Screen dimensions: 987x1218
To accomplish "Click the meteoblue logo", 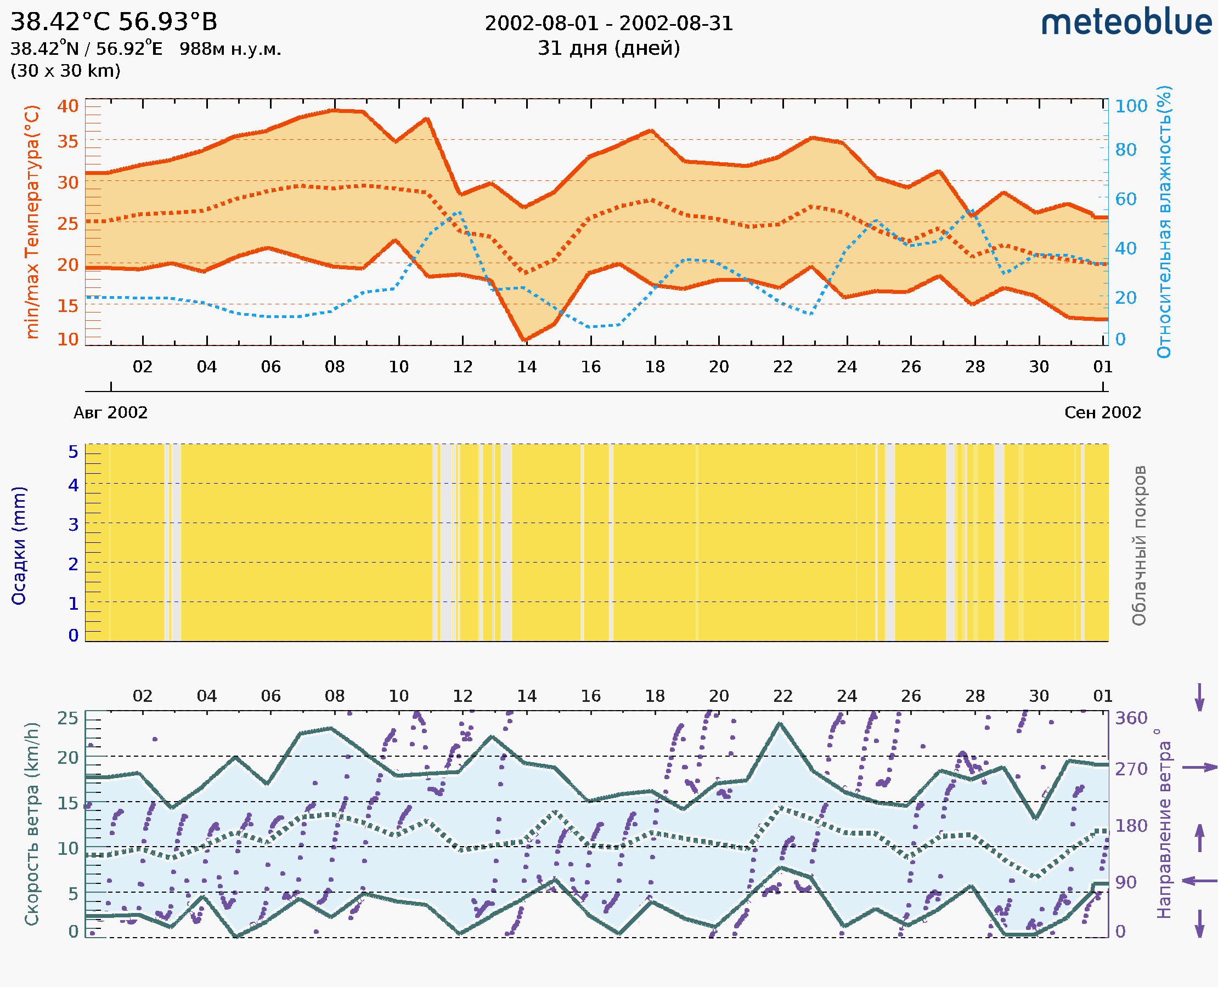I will pyautogui.click(x=1126, y=22).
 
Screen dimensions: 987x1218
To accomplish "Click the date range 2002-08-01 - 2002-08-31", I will pyautogui.click(x=608, y=24).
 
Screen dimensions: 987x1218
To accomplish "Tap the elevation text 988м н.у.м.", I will pyautogui.click(x=230, y=49).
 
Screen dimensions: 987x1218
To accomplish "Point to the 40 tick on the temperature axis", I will pyautogui.click(x=67, y=106).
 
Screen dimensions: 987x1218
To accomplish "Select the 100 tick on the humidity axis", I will pyautogui.click(x=1131, y=106).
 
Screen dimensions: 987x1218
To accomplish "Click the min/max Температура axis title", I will pyautogui.click(x=32, y=222).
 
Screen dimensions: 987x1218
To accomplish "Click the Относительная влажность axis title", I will pyautogui.click(x=1164, y=222).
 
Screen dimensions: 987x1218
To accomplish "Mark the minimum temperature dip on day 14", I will pyautogui.click(x=524, y=340).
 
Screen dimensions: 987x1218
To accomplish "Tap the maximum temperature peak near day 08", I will pyautogui.click(x=335, y=110).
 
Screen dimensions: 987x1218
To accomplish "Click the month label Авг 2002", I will pyautogui.click(x=110, y=412).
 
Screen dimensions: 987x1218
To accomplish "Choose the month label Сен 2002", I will pyautogui.click(x=1103, y=412).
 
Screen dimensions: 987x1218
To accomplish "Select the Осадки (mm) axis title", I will pyautogui.click(x=19, y=546).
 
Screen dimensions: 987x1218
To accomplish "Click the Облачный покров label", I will pyautogui.click(x=1139, y=546).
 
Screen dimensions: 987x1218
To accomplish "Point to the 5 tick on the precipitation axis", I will pyautogui.click(x=74, y=452).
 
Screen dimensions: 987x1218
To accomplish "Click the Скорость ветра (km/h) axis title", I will pyautogui.click(x=32, y=824).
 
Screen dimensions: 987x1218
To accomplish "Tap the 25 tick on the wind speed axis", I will pyautogui.click(x=67, y=718).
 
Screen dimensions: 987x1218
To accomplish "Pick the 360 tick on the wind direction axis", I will pyautogui.click(x=1131, y=718).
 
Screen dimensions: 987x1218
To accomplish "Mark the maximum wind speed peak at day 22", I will pyautogui.click(x=780, y=724).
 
